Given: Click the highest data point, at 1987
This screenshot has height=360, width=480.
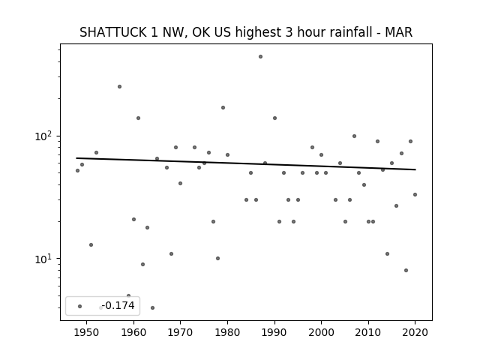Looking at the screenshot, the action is coord(260,57).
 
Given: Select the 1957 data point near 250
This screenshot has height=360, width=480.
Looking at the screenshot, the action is coord(120,87).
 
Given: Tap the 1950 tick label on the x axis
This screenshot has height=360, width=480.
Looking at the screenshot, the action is coord(87,332).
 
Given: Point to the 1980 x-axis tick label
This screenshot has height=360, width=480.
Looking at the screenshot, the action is coord(227,332).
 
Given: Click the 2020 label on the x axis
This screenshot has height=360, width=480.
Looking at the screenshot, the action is coord(415,332).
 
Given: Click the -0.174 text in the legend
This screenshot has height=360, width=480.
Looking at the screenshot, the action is coord(118,305).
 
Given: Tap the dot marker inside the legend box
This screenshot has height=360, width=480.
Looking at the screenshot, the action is coord(80,306).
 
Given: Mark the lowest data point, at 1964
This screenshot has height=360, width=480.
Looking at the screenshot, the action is coord(152,308).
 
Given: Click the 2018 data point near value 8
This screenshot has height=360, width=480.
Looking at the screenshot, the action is coord(406,270).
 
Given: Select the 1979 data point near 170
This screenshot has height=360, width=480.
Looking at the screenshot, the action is coord(223,108).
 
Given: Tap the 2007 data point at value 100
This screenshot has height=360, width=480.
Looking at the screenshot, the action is coord(354,136).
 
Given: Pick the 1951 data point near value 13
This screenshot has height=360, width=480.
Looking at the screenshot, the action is coord(91,245).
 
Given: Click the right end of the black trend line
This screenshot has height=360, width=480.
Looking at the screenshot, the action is coord(415,169).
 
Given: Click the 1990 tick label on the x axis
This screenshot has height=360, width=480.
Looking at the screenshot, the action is coord(274,332).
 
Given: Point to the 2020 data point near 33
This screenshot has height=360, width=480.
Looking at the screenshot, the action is coord(415,195).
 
